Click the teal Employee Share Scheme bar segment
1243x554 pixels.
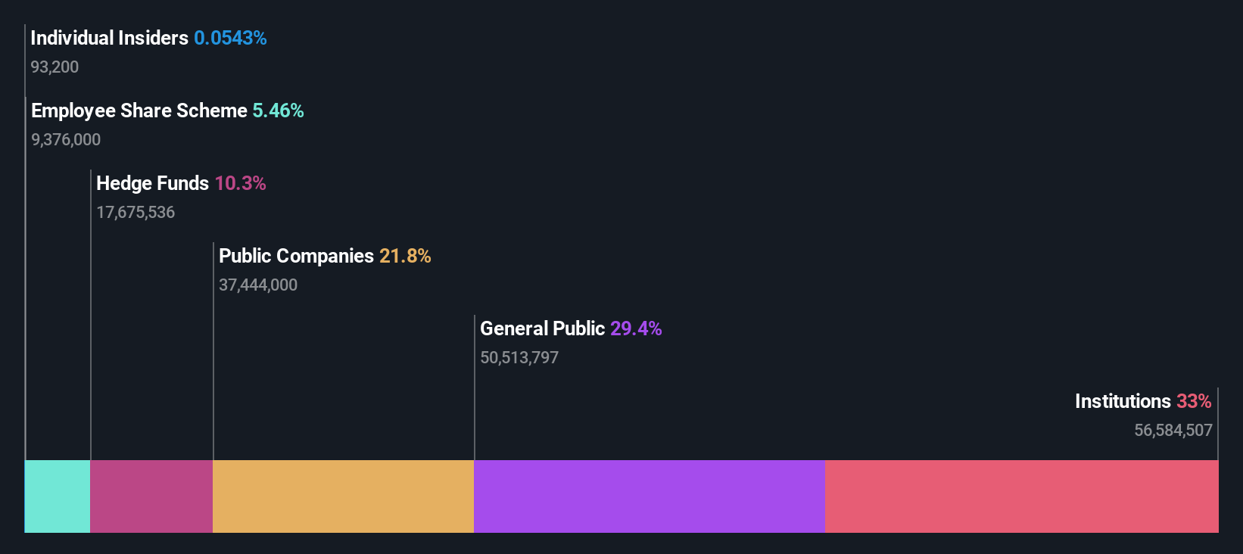click(x=58, y=496)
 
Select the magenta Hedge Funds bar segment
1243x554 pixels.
click(x=151, y=496)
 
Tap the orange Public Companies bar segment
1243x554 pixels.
click(x=343, y=496)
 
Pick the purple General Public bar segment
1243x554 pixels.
click(x=649, y=496)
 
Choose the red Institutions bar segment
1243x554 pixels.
click(x=1021, y=496)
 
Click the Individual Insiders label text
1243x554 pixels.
click(x=109, y=38)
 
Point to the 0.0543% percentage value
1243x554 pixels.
click(x=230, y=38)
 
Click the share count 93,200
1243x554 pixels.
click(x=55, y=67)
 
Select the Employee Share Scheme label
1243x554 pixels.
click(x=139, y=110)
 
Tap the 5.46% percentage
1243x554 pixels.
click(x=278, y=110)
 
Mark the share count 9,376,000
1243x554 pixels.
click(x=66, y=140)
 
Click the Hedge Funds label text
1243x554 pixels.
click(x=152, y=183)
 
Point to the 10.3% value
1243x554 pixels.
click(x=240, y=183)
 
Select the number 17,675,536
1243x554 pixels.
click(x=136, y=213)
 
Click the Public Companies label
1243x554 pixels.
click(x=296, y=256)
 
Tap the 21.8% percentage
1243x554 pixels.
click(x=405, y=256)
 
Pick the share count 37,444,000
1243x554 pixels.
click(x=258, y=285)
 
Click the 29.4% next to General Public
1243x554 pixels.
click(x=636, y=328)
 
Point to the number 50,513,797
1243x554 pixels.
click(x=519, y=358)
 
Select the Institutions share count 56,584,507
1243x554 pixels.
click(x=1173, y=431)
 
